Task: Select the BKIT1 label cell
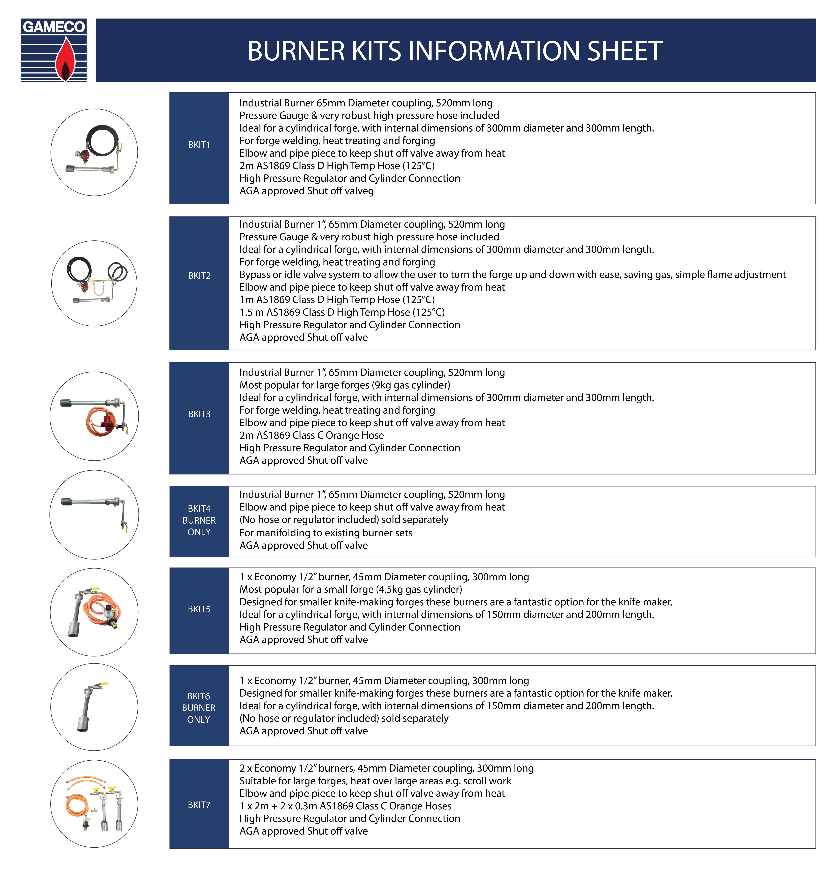click(x=199, y=145)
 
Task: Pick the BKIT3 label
click(x=199, y=414)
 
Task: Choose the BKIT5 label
click(x=199, y=609)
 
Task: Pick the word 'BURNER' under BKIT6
click(x=199, y=708)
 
